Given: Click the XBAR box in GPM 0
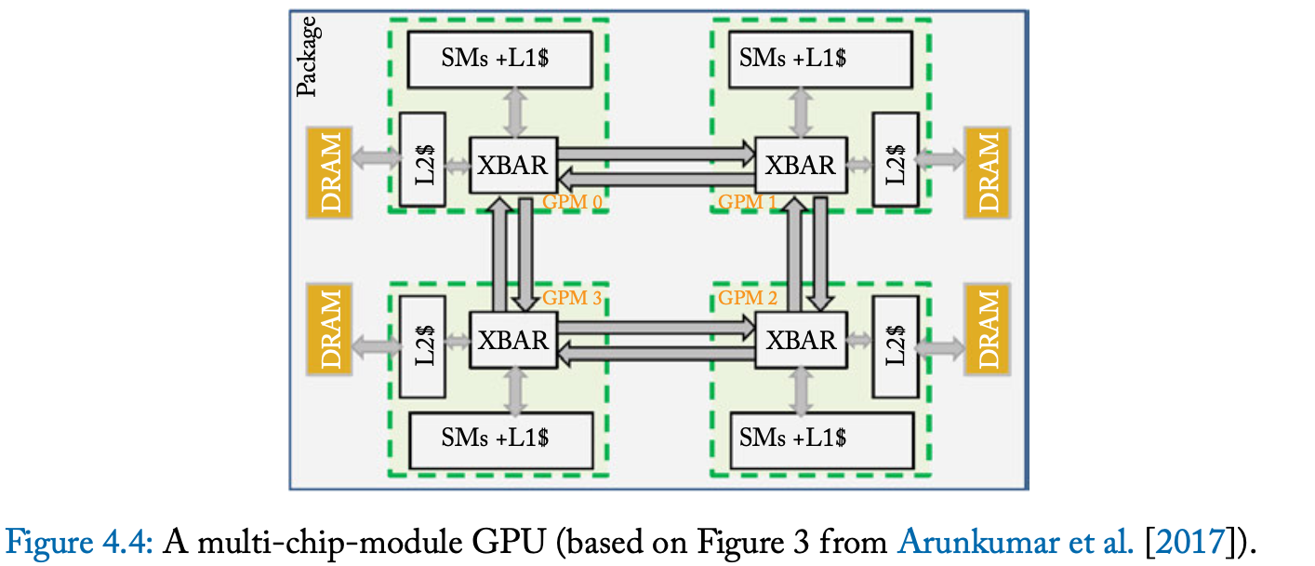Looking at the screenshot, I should click(x=513, y=166).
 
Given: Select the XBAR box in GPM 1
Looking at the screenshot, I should click(x=800, y=166).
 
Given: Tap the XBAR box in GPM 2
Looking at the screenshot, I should click(x=800, y=340).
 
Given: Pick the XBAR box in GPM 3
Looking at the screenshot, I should click(x=513, y=340).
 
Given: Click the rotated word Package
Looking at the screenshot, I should click(x=308, y=57).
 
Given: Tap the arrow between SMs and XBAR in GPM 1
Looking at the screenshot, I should click(x=800, y=113).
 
